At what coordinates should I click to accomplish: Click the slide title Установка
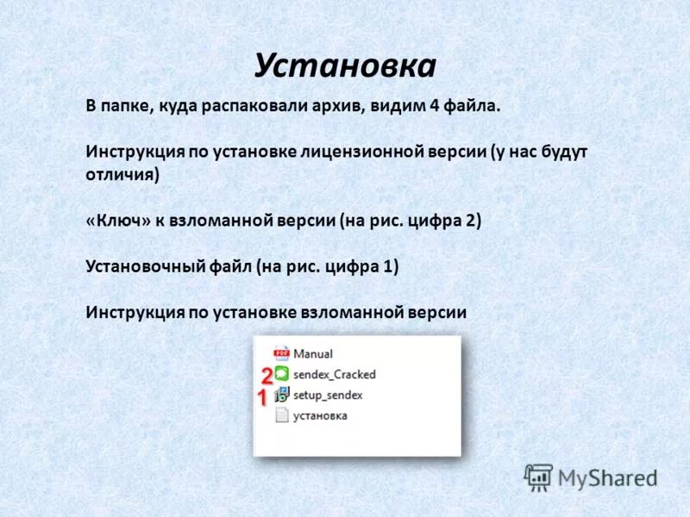345,65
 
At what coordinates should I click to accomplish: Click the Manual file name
313,353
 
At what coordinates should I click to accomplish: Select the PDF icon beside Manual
281,353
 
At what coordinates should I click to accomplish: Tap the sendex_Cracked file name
335,374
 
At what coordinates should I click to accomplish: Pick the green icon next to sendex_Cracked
281,374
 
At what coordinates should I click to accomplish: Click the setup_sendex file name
328,395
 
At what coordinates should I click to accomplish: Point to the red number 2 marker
267,375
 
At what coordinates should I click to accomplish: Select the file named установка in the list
320,415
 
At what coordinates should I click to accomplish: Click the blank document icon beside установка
281,415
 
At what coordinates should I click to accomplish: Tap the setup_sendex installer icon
281,395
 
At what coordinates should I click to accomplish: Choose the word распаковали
259,106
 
